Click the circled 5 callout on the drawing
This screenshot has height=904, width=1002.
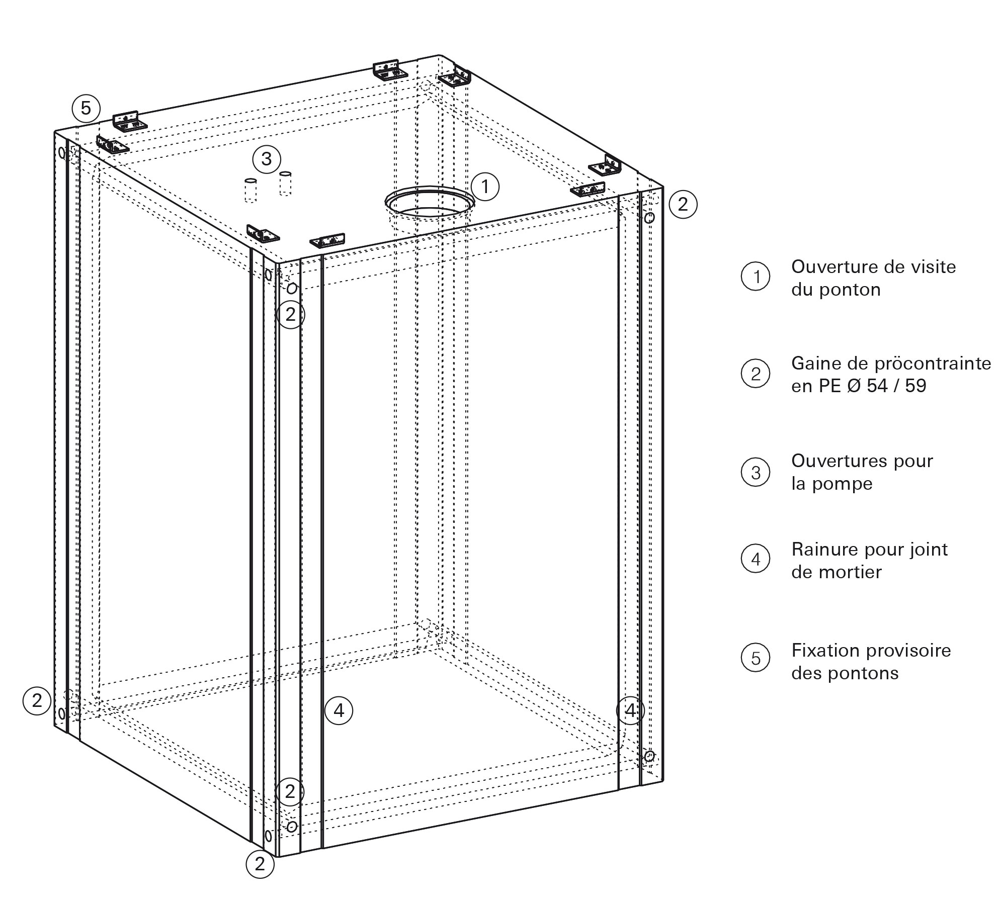coord(86,108)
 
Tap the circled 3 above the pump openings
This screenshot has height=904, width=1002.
coord(266,159)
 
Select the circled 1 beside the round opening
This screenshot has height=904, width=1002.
coord(485,187)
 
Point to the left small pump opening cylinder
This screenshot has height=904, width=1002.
coord(251,190)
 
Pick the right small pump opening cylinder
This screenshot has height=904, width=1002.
coord(285,184)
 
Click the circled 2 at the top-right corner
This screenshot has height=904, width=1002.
coord(683,204)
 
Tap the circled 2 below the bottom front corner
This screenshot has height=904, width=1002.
coord(260,864)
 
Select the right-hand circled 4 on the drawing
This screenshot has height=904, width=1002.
coord(630,710)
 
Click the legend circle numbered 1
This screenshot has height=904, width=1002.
coord(756,277)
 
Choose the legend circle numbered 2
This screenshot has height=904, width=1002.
coord(756,374)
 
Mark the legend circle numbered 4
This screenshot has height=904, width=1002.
coord(756,559)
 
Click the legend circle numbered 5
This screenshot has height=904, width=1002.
coord(756,658)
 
